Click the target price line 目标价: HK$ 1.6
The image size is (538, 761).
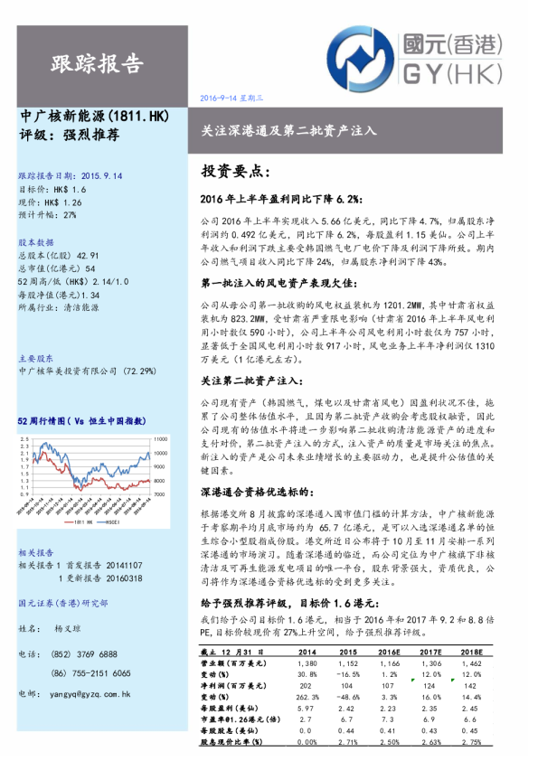52,190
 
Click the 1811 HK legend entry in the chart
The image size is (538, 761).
78,523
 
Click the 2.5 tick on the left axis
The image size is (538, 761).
21,437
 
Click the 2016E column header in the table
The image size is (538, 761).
390,652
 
